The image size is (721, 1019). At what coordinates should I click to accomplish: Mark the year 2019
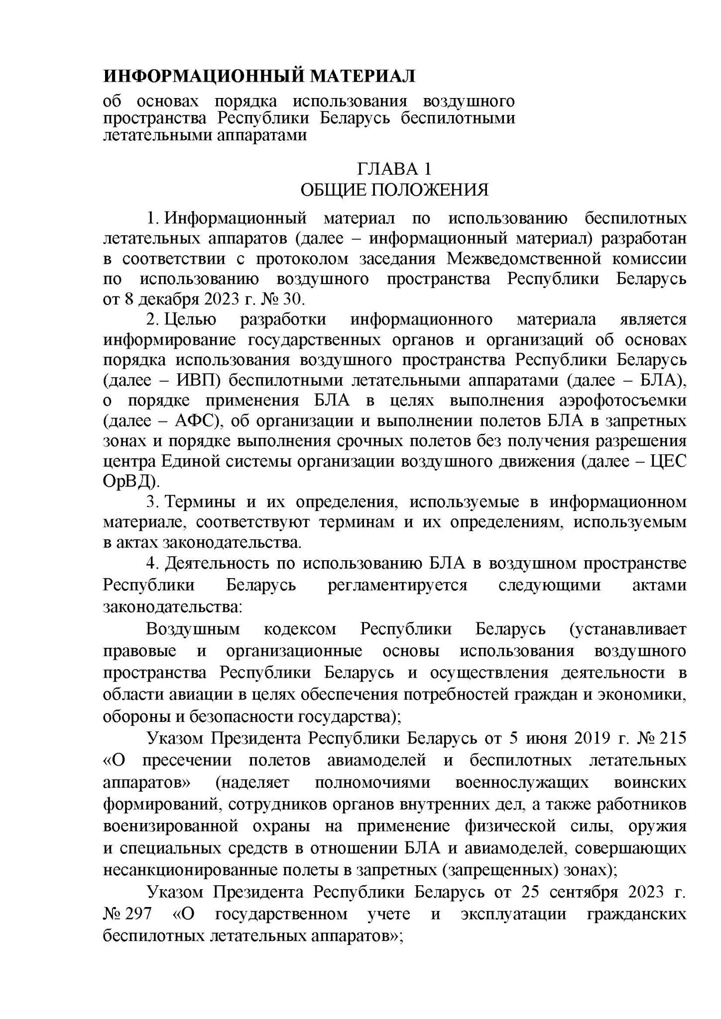pyautogui.click(x=589, y=738)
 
